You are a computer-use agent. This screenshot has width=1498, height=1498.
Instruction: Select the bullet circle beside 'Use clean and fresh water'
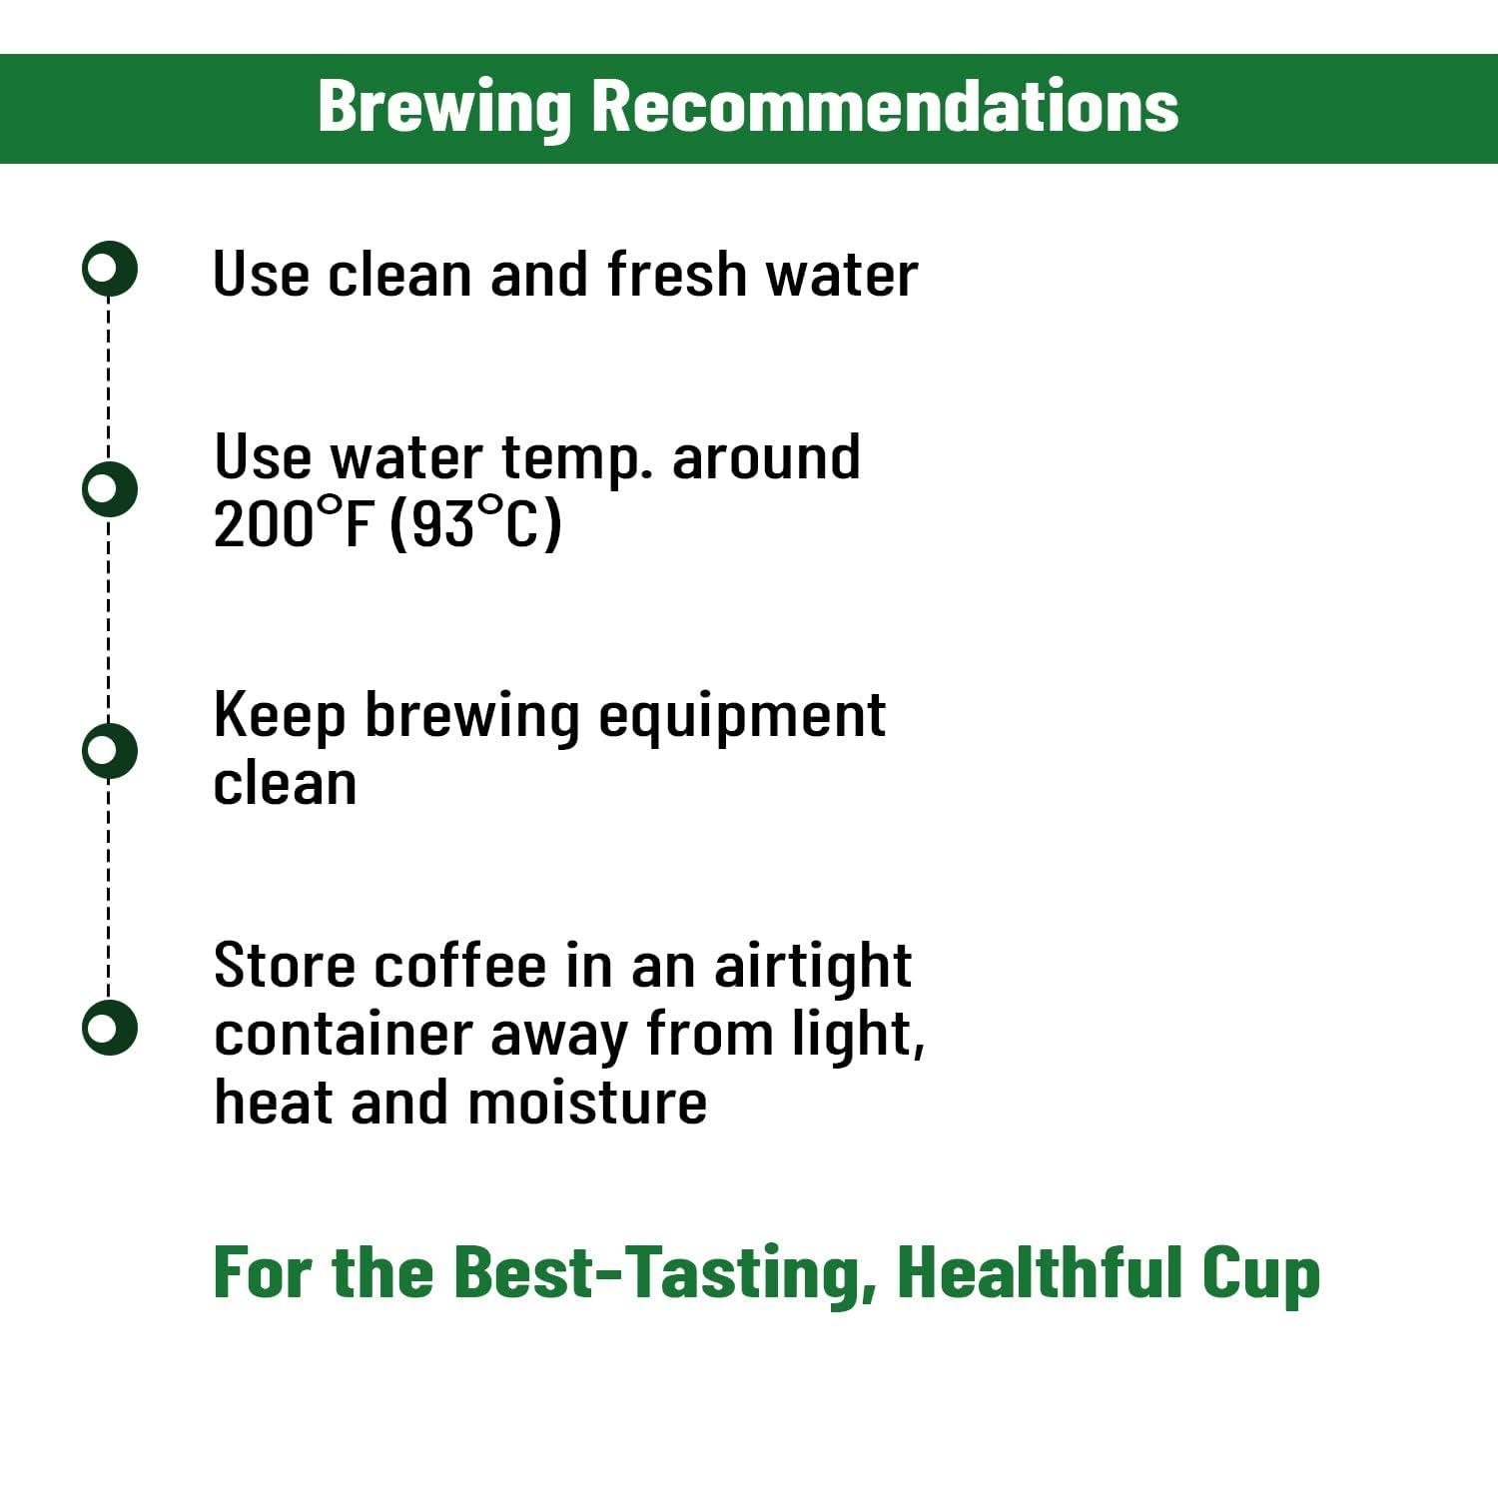point(109,269)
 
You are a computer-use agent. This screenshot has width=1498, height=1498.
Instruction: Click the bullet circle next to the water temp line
point(109,488)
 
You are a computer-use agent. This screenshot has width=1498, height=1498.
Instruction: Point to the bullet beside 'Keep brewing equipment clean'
point(109,750)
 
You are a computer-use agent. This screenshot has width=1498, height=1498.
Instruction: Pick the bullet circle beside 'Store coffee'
point(109,1027)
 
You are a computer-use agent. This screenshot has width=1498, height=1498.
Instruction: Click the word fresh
point(676,274)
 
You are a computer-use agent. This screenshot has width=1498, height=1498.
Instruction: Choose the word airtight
point(812,968)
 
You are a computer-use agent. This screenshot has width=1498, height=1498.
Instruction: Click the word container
point(343,1035)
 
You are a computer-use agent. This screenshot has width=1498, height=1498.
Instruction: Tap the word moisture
point(587,1103)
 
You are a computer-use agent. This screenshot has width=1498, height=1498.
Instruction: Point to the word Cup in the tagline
point(1260,1274)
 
